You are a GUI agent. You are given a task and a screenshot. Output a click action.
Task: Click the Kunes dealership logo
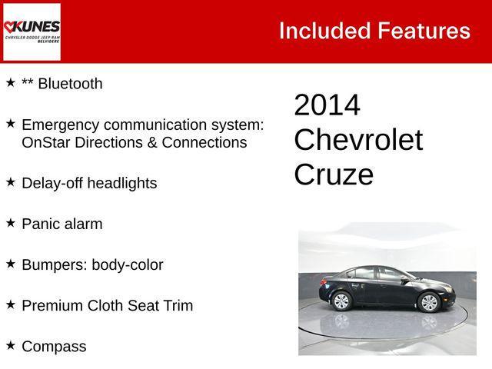(32, 32)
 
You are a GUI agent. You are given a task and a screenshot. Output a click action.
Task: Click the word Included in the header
(324, 31)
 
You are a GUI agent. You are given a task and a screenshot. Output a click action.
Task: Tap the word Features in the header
(424, 31)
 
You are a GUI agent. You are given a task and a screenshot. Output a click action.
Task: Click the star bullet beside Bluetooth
(11, 81)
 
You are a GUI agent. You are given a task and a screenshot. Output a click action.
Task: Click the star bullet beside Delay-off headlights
(11, 181)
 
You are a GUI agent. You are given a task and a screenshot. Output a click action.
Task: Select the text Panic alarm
(61, 224)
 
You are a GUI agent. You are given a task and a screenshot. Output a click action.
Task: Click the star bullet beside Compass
(11, 344)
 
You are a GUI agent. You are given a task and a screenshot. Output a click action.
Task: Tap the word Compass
(54, 347)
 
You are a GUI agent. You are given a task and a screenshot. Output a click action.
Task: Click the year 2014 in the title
(327, 105)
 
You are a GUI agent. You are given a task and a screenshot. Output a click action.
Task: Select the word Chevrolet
(358, 140)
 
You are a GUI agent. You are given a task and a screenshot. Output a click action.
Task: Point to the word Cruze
(334, 175)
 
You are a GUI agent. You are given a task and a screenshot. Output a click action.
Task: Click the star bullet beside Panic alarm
(11, 222)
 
